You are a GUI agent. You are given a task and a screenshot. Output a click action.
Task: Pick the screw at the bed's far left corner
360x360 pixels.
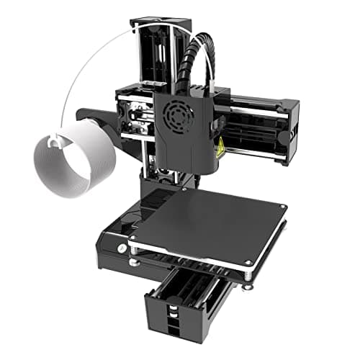(x=134, y=238)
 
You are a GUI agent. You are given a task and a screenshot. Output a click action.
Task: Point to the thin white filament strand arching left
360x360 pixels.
(x=86, y=65)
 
